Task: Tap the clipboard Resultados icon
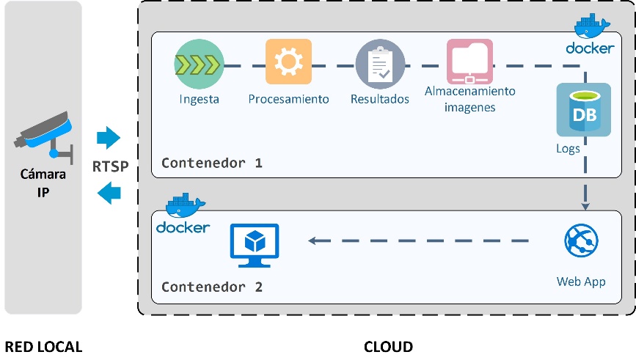tap(379, 64)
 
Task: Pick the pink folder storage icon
tap(469, 62)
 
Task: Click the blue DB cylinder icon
tap(583, 110)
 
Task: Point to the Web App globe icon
tap(581, 240)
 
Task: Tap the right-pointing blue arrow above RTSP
tap(109, 137)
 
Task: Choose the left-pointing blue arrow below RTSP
tap(109, 193)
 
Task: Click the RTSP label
tap(111, 166)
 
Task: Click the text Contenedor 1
tap(212, 162)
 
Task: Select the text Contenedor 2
tap(212, 287)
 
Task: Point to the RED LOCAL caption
tap(43, 346)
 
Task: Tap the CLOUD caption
tap(388, 346)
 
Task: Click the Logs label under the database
tap(568, 148)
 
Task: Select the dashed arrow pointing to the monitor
tap(418, 240)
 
